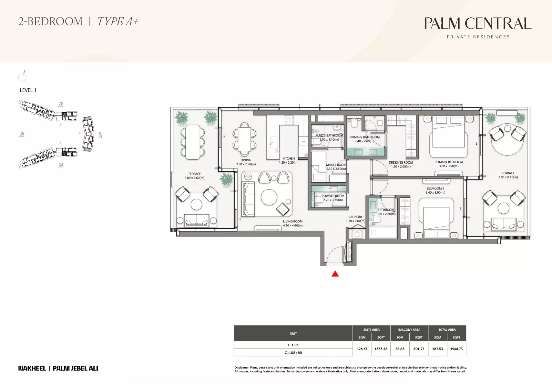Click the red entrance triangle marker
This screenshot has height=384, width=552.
click(x=335, y=274)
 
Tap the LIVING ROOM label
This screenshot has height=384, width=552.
click(x=293, y=222)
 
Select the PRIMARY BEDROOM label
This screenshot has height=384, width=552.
click(x=448, y=162)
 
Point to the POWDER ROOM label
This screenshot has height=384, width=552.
click(x=333, y=196)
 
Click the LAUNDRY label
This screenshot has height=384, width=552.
click(x=355, y=217)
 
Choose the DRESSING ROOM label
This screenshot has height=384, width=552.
click(x=401, y=163)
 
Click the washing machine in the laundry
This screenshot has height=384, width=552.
click(x=357, y=234)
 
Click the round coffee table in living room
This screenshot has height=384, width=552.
click(x=269, y=197)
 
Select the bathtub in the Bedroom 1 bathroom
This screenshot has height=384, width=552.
click(x=383, y=232)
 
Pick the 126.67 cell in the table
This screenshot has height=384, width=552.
click(x=362, y=349)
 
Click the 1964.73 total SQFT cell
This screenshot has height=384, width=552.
click(x=456, y=349)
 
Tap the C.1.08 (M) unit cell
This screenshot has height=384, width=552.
click(x=293, y=353)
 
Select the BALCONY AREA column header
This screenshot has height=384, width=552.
click(x=409, y=329)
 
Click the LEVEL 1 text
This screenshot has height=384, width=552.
click(x=28, y=90)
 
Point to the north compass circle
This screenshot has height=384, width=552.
click(x=22, y=77)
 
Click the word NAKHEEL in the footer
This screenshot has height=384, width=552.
click(x=32, y=368)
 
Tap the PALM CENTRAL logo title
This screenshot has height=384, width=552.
click(x=477, y=23)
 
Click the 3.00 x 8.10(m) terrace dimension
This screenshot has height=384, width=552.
click(x=508, y=177)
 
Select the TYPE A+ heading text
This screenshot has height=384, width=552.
click(x=118, y=22)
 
